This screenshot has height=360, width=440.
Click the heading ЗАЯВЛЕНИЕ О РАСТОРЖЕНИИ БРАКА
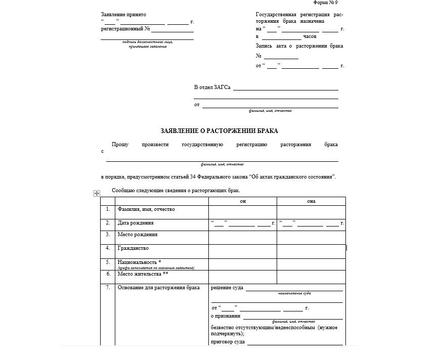coord(219,130)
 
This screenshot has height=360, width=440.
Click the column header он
coord(243,201)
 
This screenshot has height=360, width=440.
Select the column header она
coord(311,201)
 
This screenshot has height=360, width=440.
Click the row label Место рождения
coord(137,235)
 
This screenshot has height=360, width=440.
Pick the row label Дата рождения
coord(136,222)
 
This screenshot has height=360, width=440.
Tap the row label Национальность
coord(139,262)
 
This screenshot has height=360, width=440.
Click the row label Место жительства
coord(143,274)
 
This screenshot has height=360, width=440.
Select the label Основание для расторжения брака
coord(158,288)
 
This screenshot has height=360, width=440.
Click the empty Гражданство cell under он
coord(243,251)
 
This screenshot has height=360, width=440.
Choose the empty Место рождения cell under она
coord(311,237)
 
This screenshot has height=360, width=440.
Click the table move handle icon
coord(97,193)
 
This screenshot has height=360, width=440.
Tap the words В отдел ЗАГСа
coord(212,87)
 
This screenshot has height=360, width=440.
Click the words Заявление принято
coord(124,15)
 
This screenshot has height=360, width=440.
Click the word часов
coord(310,37)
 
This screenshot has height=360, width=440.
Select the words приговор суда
coord(228,342)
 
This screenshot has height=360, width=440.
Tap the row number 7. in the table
coord(108,288)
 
